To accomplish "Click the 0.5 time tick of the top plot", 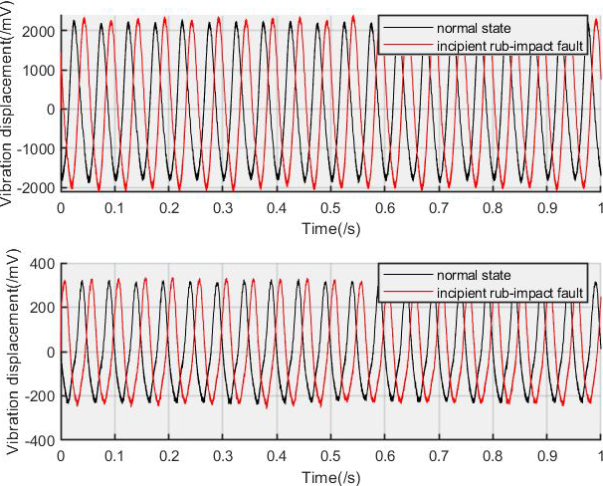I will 330,209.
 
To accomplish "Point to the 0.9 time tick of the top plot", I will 546,209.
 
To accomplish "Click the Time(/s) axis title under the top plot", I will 330,228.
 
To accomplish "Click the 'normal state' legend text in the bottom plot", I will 467,275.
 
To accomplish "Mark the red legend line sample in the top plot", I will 407,46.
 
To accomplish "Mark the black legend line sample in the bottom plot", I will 407,275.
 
